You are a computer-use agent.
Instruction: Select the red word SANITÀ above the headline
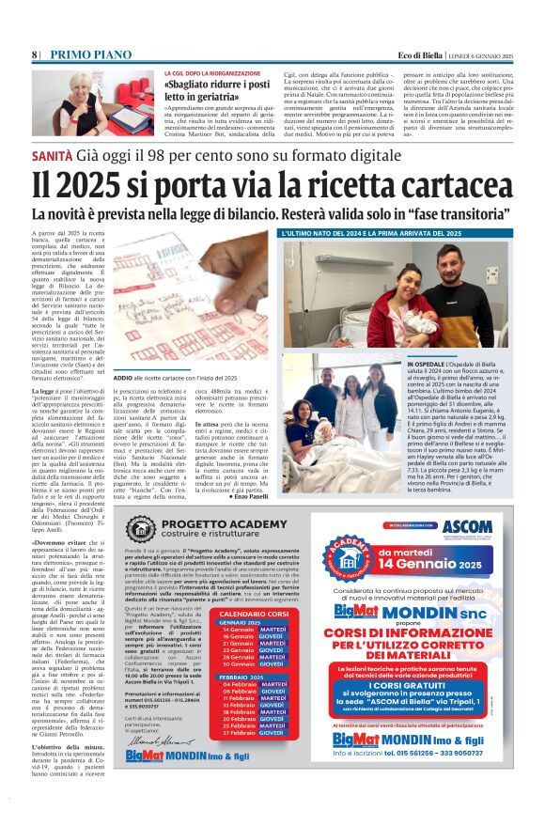55,152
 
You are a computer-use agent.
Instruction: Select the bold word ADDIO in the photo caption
125,378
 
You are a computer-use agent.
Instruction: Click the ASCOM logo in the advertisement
466,527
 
